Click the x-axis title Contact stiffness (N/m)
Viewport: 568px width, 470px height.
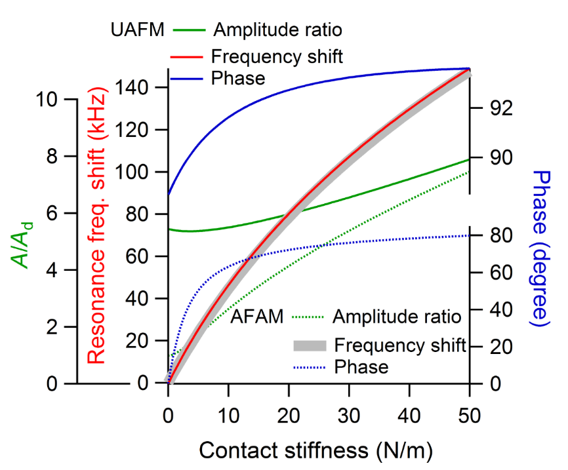pyautogui.click(x=315, y=450)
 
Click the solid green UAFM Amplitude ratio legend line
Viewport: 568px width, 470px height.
pyautogui.click(x=190, y=30)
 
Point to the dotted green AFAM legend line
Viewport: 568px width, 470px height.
pyautogui.click(x=306, y=318)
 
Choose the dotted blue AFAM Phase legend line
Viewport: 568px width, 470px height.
pyautogui.click(x=306, y=366)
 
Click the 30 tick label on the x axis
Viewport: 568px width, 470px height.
pyautogui.click(x=349, y=416)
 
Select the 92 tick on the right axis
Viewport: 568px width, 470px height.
pyautogui.click(x=498, y=108)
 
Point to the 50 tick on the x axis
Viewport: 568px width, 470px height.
pyautogui.click(x=470, y=416)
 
